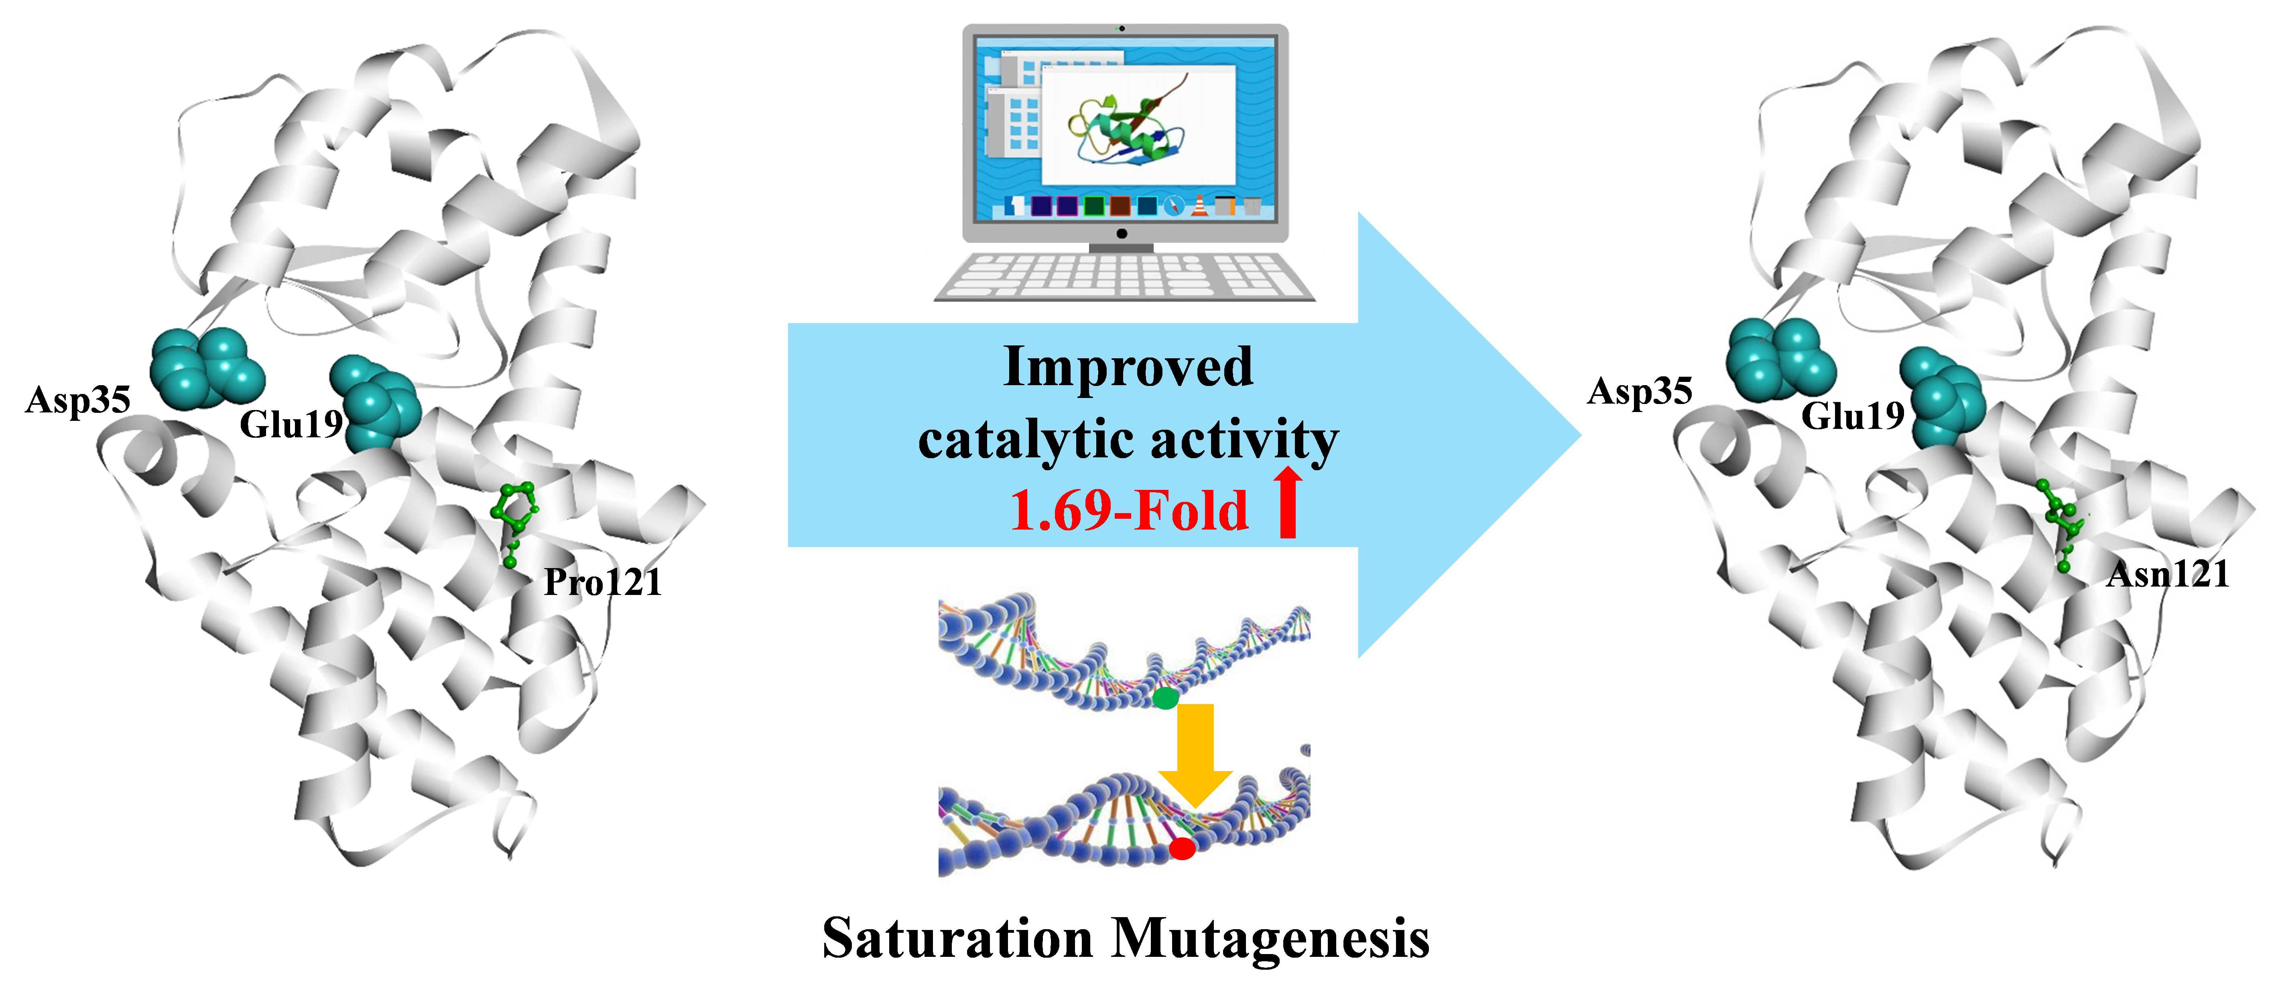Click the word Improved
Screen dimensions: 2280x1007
click(1128, 366)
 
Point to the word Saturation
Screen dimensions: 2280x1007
click(958, 938)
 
